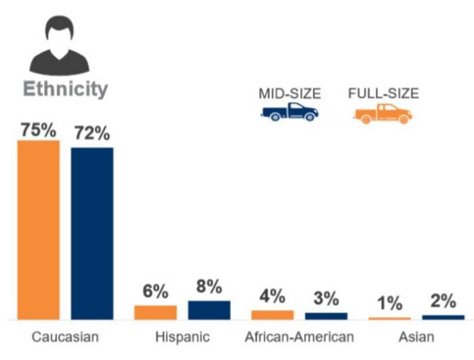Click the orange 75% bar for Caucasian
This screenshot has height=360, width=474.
39,230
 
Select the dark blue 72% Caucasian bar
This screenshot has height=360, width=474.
92,233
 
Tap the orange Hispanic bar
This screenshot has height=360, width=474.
155,312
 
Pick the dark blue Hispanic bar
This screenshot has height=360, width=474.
209,310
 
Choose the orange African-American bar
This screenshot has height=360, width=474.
272,315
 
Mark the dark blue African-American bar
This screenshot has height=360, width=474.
326,316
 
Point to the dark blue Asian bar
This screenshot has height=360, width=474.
443,317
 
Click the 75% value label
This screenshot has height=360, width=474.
38,131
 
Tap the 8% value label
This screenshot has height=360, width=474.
209,288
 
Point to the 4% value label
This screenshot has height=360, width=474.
272,296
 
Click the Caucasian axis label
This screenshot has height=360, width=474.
65,337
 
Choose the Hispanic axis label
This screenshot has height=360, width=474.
182,337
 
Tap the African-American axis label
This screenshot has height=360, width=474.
299,337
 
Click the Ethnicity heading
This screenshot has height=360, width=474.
65,89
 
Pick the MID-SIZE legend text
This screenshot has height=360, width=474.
290,93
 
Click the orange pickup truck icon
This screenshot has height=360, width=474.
383,113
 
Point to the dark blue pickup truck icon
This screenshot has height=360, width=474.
290,112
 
